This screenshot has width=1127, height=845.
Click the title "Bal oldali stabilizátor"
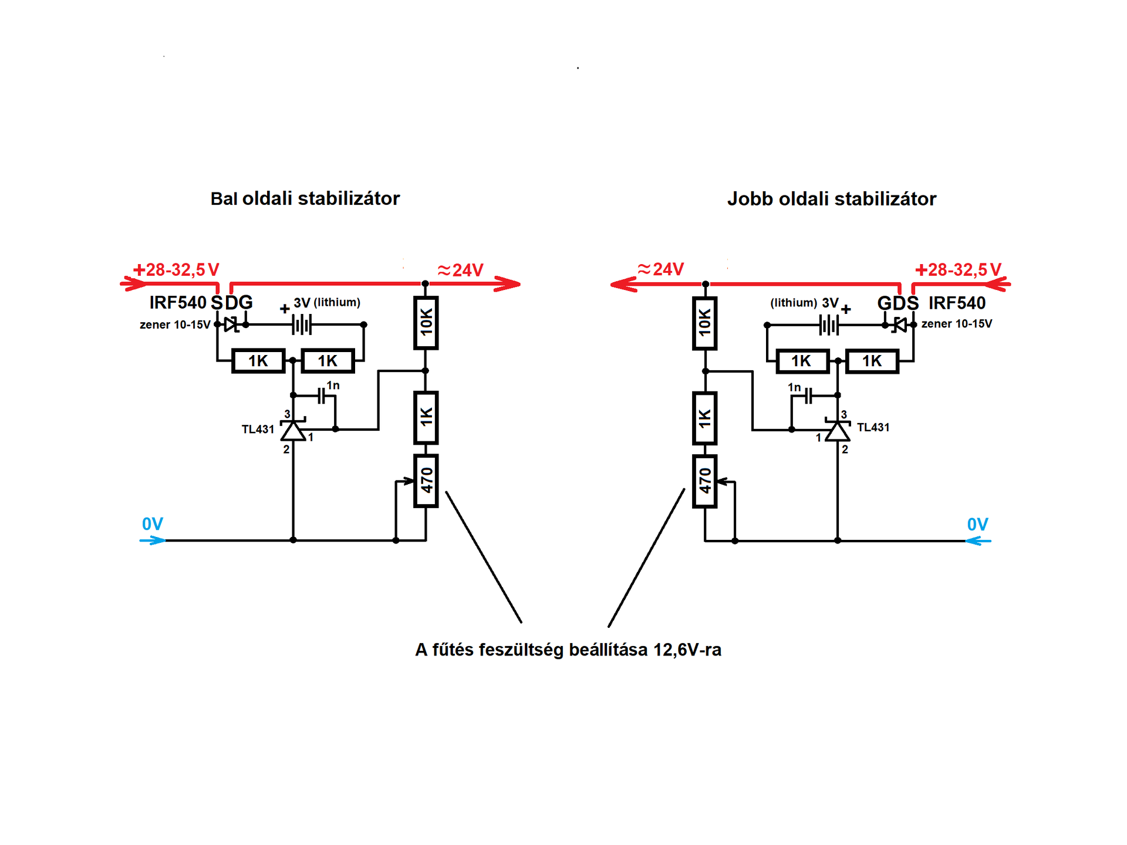click(x=305, y=198)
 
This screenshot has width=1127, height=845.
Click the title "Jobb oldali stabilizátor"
click(x=831, y=199)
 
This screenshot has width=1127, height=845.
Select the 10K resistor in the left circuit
click(x=426, y=323)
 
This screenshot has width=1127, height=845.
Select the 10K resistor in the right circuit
click(x=705, y=323)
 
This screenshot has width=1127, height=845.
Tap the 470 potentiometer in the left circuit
click(x=426, y=481)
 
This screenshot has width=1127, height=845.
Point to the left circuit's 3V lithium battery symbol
click(x=302, y=324)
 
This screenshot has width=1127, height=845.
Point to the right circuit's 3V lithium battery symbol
click(x=829, y=325)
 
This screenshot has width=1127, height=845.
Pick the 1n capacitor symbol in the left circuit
click(x=322, y=396)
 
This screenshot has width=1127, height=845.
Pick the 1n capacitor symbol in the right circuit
click(x=809, y=396)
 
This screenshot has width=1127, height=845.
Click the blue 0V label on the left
click(x=153, y=523)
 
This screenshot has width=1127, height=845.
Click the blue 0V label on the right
click(x=977, y=524)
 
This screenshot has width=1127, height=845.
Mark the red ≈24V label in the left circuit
click(x=461, y=270)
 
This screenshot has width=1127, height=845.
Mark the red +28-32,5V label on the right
click(x=958, y=269)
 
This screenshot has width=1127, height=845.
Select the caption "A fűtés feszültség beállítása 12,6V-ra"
click(x=568, y=650)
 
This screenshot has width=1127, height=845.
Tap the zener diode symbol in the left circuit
click(x=231, y=324)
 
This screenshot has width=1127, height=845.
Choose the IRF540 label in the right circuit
click(x=957, y=303)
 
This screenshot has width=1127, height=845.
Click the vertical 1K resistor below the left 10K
click(x=426, y=417)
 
